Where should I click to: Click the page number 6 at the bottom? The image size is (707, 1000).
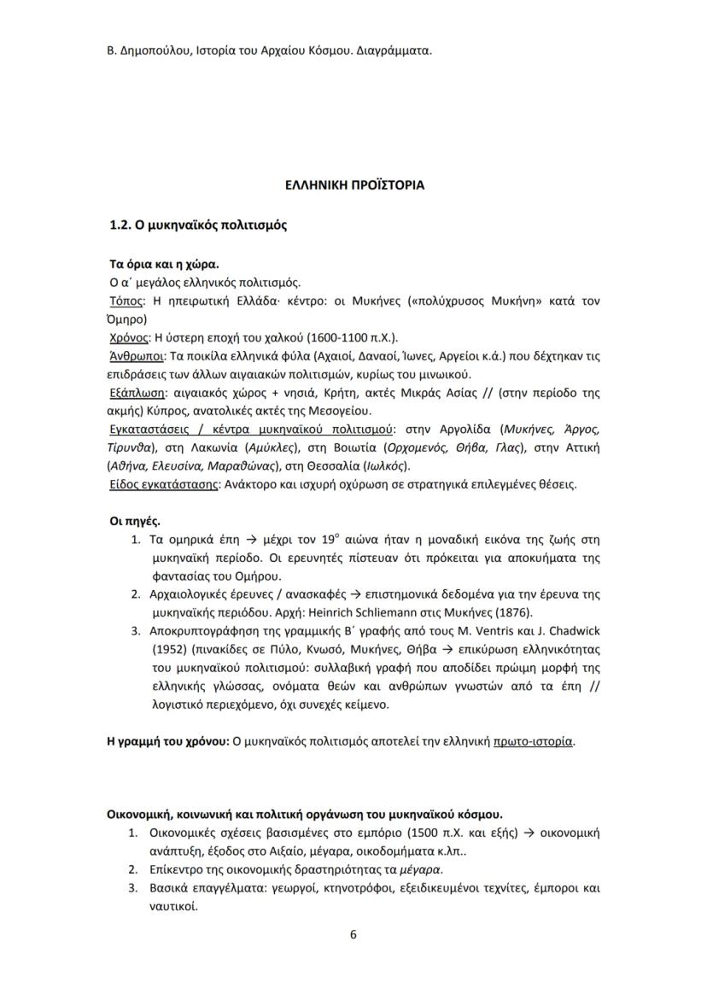click(353, 933)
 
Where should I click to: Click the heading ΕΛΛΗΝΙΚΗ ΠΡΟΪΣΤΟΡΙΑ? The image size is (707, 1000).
click(353, 184)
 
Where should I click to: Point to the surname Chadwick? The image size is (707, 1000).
click(571, 631)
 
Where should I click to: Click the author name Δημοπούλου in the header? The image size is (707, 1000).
click(135, 50)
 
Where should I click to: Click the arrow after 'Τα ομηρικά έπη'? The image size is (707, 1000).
click(242, 540)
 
